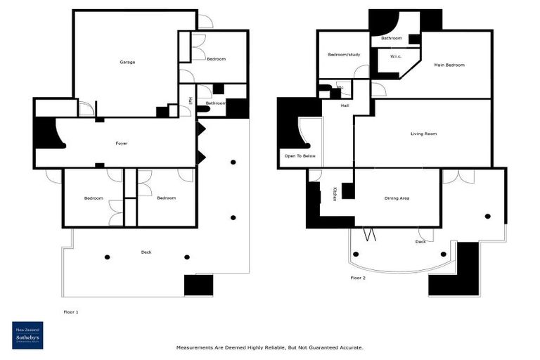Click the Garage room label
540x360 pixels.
click(x=127, y=63)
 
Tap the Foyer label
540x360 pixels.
click(x=122, y=143)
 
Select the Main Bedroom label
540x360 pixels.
click(x=449, y=65)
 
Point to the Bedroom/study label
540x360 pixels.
click(x=343, y=55)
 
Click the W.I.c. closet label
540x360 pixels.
click(x=395, y=57)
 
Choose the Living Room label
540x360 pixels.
click(x=424, y=134)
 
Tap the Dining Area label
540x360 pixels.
click(x=397, y=198)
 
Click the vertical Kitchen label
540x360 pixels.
click(x=335, y=194)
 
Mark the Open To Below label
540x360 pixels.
click(x=299, y=155)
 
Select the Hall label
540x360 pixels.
click(x=345, y=106)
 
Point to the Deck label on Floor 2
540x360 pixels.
click(x=420, y=241)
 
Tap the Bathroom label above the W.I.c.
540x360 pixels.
click(x=392, y=38)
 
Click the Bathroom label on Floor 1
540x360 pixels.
click(x=216, y=103)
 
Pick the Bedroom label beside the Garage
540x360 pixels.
click(x=216, y=59)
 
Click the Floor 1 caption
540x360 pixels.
click(x=70, y=311)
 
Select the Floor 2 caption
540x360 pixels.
click(x=358, y=278)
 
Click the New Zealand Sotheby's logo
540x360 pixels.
click(x=27, y=335)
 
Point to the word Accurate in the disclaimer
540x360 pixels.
click(x=349, y=347)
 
